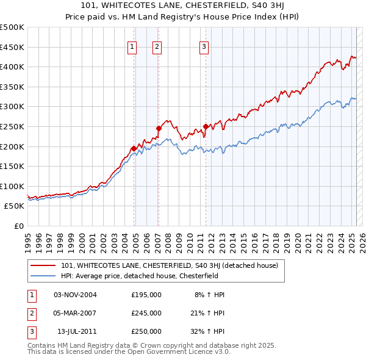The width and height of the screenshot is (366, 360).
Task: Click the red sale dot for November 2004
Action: tap(134, 148)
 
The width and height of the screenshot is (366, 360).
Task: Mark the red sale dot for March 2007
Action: tap(159, 128)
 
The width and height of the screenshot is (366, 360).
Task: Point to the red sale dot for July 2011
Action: tap(206, 127)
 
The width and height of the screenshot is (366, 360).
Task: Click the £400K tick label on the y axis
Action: tap(12, 67)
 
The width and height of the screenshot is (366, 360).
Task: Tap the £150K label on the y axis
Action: tap(12, 166)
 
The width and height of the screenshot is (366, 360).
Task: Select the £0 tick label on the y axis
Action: tap(18, 226)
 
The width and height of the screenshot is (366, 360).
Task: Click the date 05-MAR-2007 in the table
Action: tap(75, 313)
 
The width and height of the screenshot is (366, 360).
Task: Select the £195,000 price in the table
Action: tap(146, 295)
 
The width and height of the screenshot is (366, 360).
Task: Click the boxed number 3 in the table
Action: tap(32, 331)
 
